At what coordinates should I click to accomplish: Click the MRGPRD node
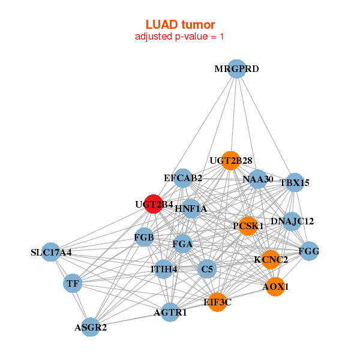pyautogui.click(x=237, y=68)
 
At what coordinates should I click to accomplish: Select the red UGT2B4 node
pyautogui.click(x=154, y=204)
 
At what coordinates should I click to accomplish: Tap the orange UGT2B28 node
pyautogui.click(x=230, y=160)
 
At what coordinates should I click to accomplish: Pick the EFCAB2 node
pyautogui.click(x=183, y=178)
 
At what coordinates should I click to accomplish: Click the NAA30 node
pyautogui.click(x=258, y=179)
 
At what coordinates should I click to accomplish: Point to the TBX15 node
pyautogui.click(x=294, y=182)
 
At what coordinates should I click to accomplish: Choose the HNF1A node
pyautogui.click(x=191, y=208)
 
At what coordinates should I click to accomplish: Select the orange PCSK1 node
pyautogui.click(x=248, y=226)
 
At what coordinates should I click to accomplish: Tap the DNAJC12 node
pyautogui.click(x=292, y=221)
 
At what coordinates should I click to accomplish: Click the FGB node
pyautogui.click(x=145, y=238)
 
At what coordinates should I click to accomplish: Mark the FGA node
pyautogui.click(x=182, y=244)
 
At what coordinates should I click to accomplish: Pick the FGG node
pyautogui.click(x=308, y=251)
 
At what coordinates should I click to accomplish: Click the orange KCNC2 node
pyautogui.click(x=271, y=259)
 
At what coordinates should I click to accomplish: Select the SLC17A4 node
pyautogui.click(x=52, y=253)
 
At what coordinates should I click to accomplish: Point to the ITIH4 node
pyautogui.click(x=164, y=269)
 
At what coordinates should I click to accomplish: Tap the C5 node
pyautogui.click(x=207, y=269)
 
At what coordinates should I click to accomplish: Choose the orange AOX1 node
pyautogui.click(x=275, y=287)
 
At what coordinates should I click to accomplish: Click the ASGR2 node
pyautogui.click(x=91, y=327)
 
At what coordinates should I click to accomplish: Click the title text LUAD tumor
pyautogui.click(x=180, y=25)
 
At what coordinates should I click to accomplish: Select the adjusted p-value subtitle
pyautogui.click(x=180, y=37)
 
